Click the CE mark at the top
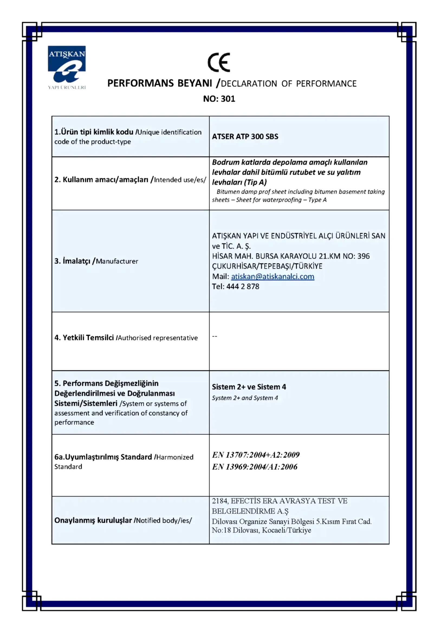[x=219, y=62]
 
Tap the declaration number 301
[x=228, y=99]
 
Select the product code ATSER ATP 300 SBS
[x=245, y=136]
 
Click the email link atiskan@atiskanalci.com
[x=272, y=276]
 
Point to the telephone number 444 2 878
[x=243, y=286]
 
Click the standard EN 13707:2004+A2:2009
[x=256, y=455]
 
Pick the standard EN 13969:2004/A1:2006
[x=255, y=467]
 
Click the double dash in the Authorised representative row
[x=215, y=336]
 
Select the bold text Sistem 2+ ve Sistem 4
[x=249, y=387]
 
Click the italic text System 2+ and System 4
[x=245, y=398]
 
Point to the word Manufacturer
[x=117, y=261]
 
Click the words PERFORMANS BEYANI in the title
[x=160, y=83]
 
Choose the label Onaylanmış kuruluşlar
[x=93, y=520]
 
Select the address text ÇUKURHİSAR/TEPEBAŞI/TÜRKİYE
[x=267, y=266]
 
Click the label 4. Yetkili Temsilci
[x=84, y=337]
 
